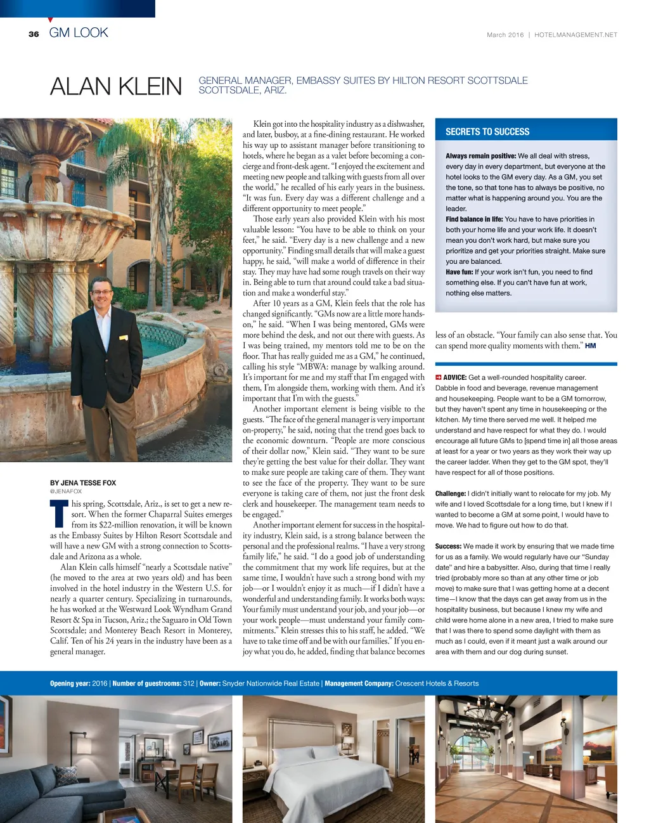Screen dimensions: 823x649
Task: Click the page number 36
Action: click(x=34, y=34)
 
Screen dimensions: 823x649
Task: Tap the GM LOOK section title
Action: click(x=79, y=33)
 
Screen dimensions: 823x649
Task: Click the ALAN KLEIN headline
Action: click(x=116, y=86)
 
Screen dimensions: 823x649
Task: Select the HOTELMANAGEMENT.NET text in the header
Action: click(x=575, y=35)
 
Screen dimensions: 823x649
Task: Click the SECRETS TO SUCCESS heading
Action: click(x=487, y=132)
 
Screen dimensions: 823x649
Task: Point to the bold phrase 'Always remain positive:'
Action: click(x=480, y=156)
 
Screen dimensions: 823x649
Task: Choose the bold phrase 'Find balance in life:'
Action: click(x=474, y=219)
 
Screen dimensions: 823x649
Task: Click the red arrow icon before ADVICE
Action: click(x=438, y=377)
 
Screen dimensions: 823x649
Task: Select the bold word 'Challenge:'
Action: click(x=451, y=493)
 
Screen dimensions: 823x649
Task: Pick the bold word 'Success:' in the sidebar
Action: click(x=448, y=546)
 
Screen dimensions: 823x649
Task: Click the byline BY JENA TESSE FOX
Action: click(x=83, y=483)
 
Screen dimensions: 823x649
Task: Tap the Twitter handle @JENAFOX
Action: click(x=66, y=491)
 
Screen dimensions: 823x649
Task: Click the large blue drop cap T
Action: click(x=59, y=514)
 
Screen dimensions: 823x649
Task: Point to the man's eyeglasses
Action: click(x=101, y=293)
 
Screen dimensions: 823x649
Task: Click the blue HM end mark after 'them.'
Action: click(x=590, y=346)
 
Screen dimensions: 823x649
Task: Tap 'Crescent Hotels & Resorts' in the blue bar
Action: click(x=437, y=684)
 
